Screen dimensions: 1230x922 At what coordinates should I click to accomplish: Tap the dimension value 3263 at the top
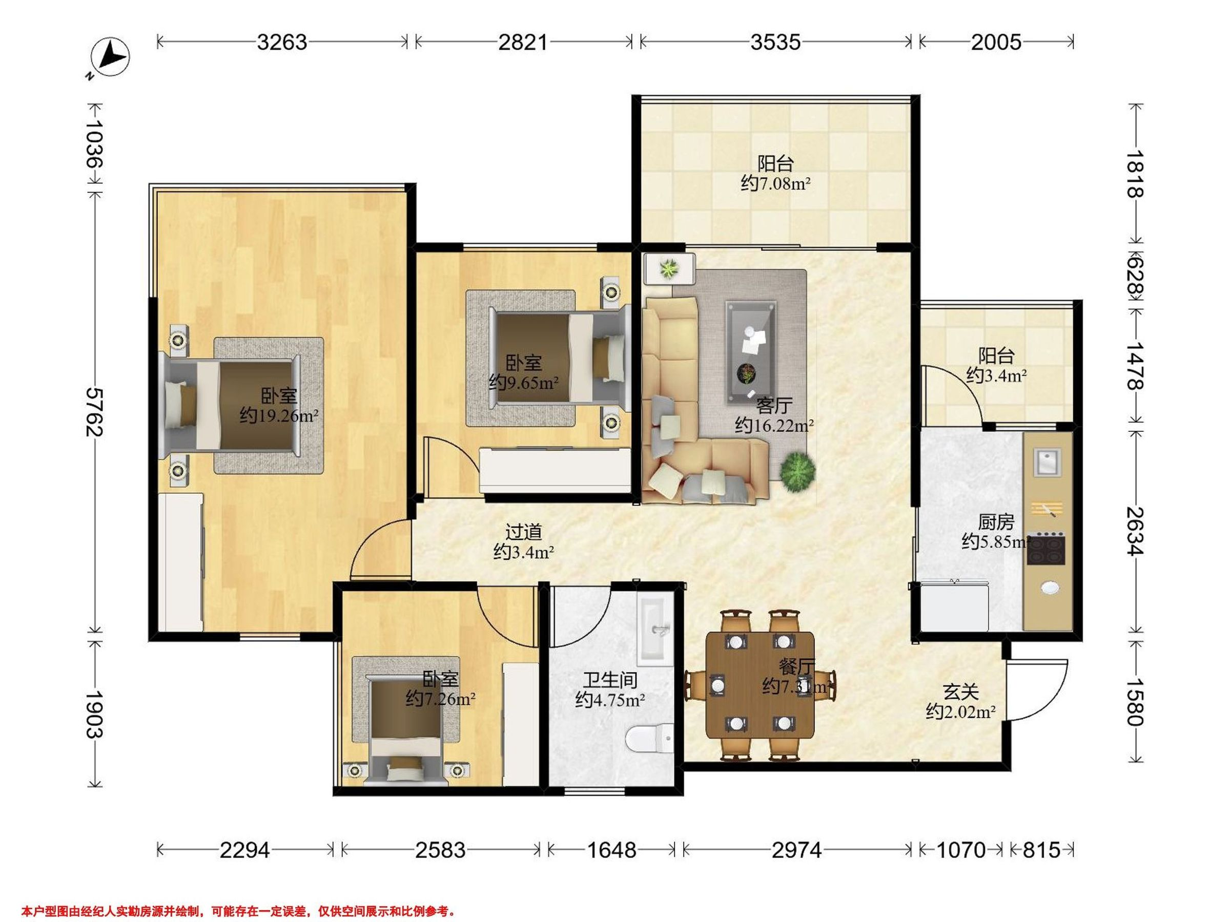click(x=282, y=42)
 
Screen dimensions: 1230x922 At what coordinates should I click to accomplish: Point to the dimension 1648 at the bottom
click(x=611, y=850)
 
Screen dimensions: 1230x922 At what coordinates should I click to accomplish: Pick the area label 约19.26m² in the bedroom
click(x=279, y=415)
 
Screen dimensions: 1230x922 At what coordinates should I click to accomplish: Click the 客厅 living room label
click(x=773, y=406)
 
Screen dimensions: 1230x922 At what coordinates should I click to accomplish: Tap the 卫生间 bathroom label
click(x=610, y=680)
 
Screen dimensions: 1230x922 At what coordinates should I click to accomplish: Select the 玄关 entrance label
click(x=960, y=692)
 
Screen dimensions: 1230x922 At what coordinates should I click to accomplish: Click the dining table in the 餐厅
click(x=760, y=684)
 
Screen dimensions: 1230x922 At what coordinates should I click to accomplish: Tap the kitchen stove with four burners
click(x=1045, y=549)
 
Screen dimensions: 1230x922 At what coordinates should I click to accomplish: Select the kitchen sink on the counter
click(x=1047, y=462)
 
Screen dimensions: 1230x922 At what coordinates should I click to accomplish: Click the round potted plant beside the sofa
click(x=797, y=471)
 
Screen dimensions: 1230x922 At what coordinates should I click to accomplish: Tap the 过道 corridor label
click(x=523, y=532)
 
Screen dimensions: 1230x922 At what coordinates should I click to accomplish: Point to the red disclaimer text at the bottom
click(x=239, y=911)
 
